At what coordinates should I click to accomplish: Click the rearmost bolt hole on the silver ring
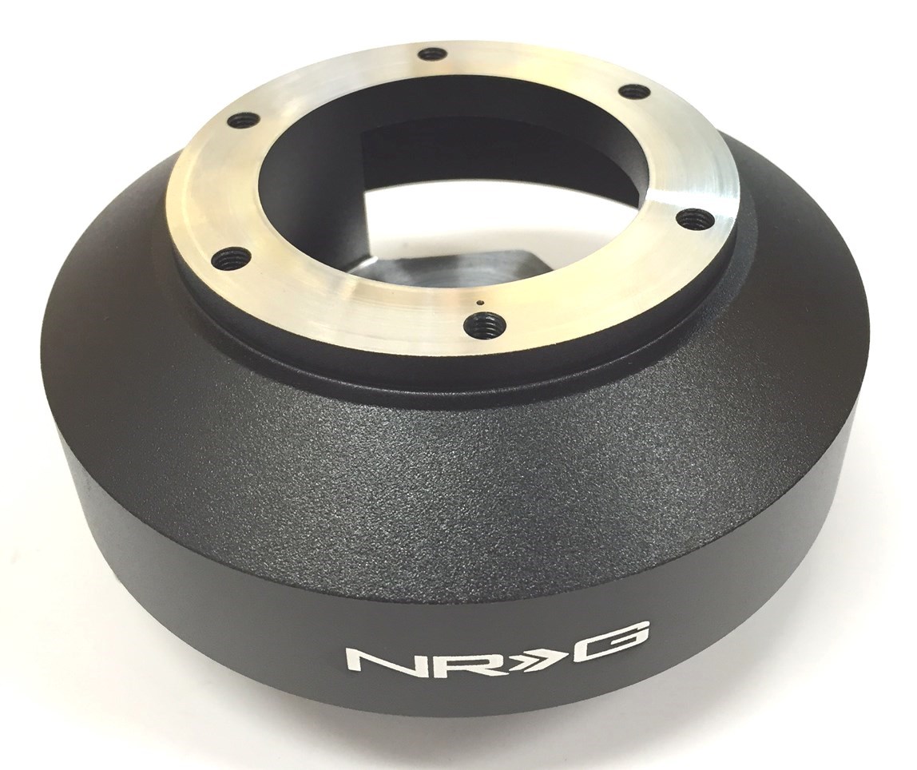[432, 54]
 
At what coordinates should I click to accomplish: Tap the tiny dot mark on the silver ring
[477, 303]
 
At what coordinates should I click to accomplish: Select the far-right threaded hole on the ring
[693, 218]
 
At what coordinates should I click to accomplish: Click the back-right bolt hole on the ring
[634, 91]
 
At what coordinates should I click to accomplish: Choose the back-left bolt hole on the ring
[244, 121]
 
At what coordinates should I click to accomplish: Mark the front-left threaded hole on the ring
[232, 258]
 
